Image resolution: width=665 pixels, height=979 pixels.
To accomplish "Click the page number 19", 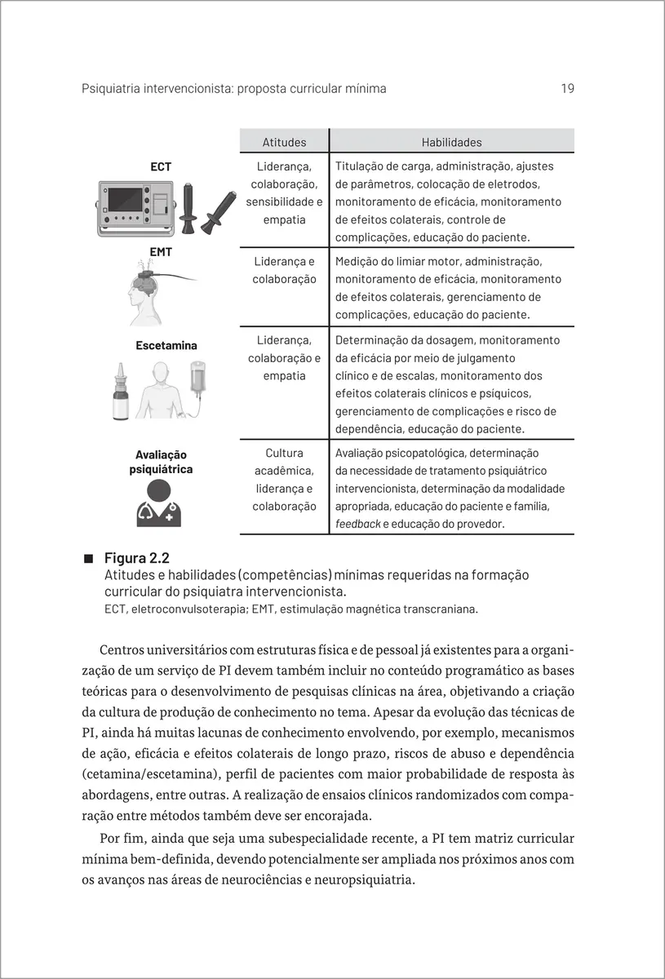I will [x=567, y=88].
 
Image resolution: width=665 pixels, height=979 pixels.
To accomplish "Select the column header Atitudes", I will [x=284, y=142].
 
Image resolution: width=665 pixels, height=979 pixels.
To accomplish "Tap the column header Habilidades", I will [x=451, y=142].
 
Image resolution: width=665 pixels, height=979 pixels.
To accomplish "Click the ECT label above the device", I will [x=161, y=167].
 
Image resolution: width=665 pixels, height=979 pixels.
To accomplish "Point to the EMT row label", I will [x=161, y=252].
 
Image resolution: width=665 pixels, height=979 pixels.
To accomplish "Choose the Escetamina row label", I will [x=166, y=345].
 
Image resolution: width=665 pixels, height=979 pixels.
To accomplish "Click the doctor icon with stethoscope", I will [x=159, y=503].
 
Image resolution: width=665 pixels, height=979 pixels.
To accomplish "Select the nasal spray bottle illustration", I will [x=122, y=395].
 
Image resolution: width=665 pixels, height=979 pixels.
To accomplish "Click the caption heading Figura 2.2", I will [x=136, y=558].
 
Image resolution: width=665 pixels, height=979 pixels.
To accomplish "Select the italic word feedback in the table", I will [x=357, y=524].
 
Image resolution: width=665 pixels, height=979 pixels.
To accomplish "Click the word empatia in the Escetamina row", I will [x=284, y=376].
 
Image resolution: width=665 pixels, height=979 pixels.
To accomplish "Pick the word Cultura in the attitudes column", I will [x=284, y=453].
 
